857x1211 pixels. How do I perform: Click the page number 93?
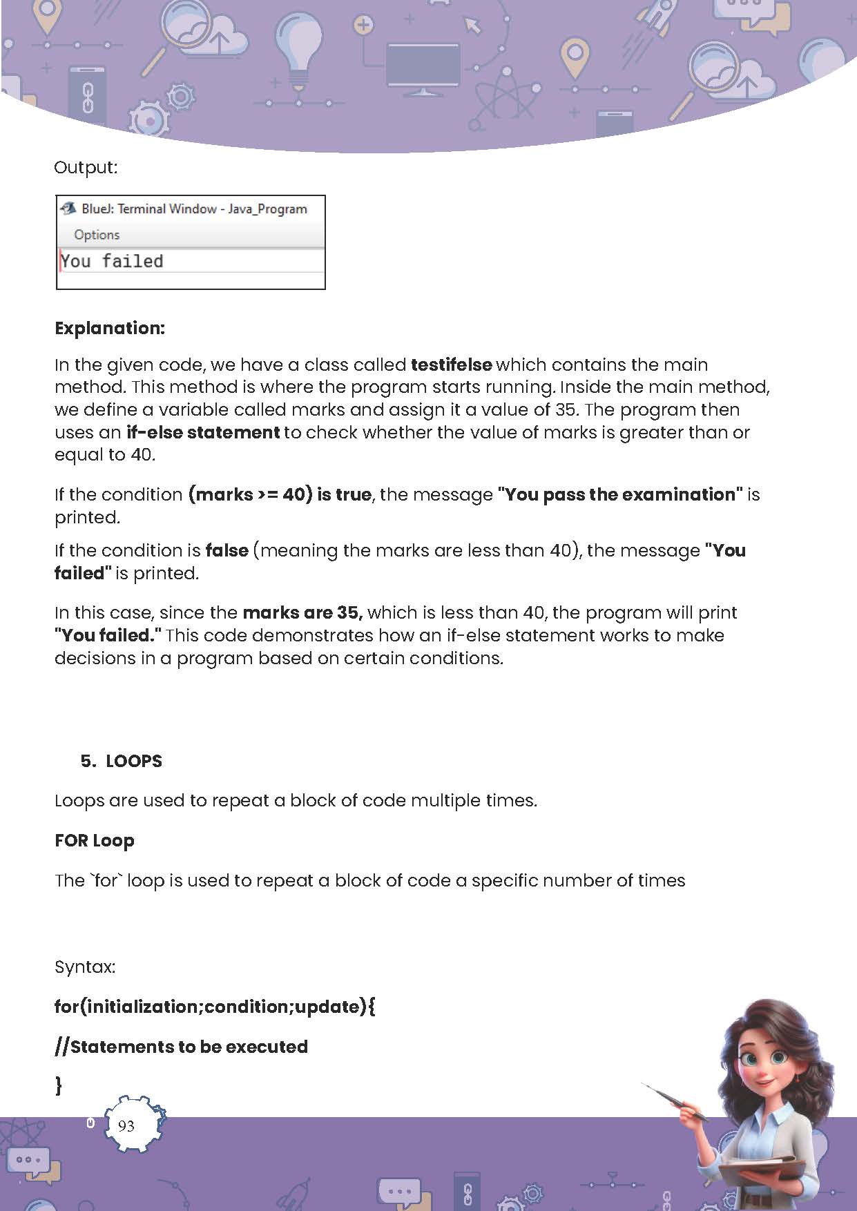tap(126, 1126)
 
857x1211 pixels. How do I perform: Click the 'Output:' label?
tap(86, 167)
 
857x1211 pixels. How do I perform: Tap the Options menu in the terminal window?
tap(97, 235)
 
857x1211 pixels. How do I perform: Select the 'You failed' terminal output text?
tap(112, 261)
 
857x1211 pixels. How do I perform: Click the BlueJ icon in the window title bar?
tap(68, 209)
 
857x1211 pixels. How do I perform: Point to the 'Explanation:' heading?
tap(110, 328)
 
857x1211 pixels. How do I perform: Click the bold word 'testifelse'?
tap(451, 365)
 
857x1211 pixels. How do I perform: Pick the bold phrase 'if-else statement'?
tap(203, 432)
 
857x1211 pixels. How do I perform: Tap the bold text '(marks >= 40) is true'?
tap(280, 494)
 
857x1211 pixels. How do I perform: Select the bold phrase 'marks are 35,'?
tap(302, 612)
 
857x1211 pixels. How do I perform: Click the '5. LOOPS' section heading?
tap(122, 761)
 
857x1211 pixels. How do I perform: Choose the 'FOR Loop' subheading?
tap(95, 840)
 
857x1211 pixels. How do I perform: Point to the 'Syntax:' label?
tap(85, 967)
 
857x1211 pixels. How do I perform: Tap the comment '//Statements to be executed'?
tap(181, 1047)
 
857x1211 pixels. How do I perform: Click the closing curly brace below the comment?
tap(59, 1085)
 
